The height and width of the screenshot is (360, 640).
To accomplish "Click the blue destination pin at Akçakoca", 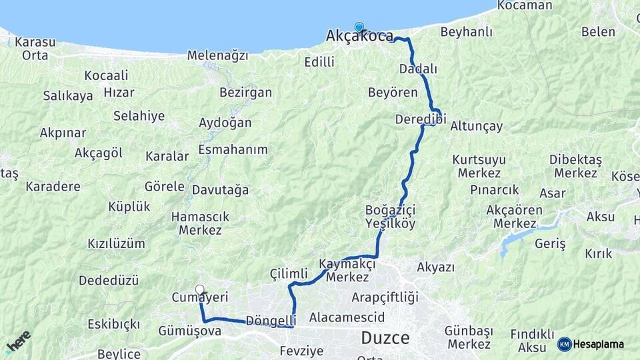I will point(359,27).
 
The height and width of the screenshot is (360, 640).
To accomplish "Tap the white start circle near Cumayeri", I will point(199,289).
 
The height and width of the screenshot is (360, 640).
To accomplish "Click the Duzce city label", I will point(385,337).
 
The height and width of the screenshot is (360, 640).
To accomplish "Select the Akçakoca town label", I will point(359,37).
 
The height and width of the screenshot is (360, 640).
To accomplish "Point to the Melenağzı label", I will point(217,55).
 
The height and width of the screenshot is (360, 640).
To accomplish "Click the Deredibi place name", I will point(420,119).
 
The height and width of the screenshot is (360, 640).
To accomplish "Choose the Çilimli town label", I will point(289,274).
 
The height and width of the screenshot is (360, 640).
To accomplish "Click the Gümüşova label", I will point(190,331).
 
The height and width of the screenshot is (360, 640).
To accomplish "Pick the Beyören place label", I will point(393,92).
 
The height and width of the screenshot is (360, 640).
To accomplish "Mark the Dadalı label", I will point(418,69).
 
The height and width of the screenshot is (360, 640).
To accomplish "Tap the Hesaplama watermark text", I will point(599,345).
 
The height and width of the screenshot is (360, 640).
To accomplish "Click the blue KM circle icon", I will point(564,345).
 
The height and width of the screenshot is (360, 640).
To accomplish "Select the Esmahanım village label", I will point(233,149).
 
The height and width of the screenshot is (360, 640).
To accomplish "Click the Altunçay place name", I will point(476,126).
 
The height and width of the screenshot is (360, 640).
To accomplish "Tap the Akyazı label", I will point(435,267).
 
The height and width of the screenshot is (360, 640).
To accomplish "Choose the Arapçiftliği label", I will point(385,297).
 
